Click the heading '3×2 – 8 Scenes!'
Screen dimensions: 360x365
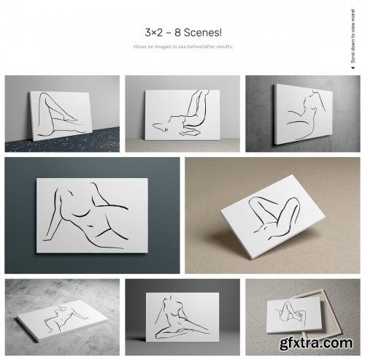(182, 33)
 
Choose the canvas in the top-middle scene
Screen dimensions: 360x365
(182, 115)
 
